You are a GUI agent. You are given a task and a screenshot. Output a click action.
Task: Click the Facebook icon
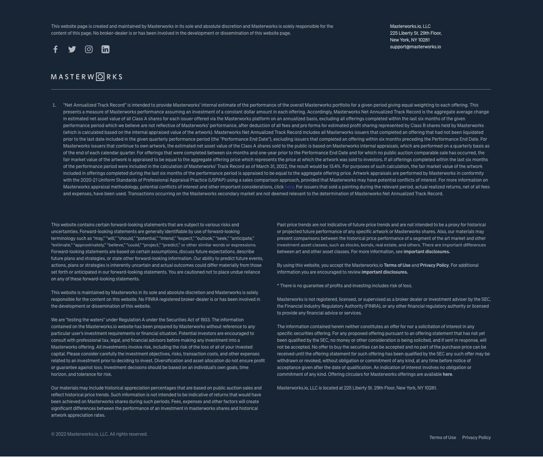(x=55, y=49)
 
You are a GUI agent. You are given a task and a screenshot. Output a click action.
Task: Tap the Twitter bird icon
(x=72, y=49)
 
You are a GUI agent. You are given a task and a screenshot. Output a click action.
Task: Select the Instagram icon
(x=89, y=49)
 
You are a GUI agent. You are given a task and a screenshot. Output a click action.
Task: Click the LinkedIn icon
(x=105, y=49)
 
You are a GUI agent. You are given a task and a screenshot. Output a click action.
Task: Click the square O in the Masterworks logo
(x=100, y=77)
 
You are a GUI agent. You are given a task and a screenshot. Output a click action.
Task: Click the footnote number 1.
(x=54, y=105)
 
